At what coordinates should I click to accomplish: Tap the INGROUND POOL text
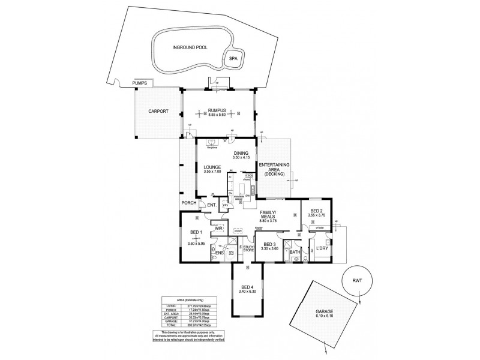pos(190,47)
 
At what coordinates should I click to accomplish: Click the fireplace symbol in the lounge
pos(211,143)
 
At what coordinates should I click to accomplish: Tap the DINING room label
pos(241,152)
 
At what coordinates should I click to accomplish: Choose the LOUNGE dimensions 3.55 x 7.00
pos(212,172)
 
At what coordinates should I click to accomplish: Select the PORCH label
pos(189,202)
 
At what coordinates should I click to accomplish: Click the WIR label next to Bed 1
pos(219,227)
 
